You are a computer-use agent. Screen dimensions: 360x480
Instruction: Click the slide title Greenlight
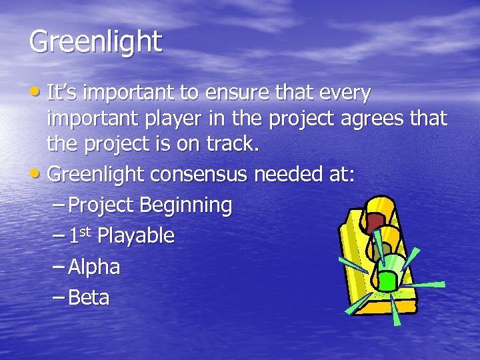click(x=95, y=42)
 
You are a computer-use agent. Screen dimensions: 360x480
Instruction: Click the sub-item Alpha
click(x=94, y=267)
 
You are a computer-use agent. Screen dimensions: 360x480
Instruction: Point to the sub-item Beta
click(x=89, y=297)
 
